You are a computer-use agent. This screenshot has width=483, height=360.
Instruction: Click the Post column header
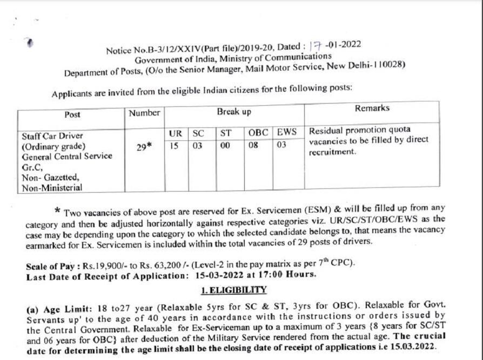click(x=72, y=115)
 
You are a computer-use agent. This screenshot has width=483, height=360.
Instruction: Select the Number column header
click(x=144, y=113)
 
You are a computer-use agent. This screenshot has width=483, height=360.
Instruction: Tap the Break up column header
click(x=234, y=111)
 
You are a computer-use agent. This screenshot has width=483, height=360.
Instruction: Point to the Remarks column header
click(x=372, y=108)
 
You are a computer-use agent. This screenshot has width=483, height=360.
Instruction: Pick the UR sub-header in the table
click(x=174, y=132)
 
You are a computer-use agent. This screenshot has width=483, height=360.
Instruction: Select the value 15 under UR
click(x=174, y=145)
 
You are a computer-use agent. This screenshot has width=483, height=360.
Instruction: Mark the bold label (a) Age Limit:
click(x=60, y=310)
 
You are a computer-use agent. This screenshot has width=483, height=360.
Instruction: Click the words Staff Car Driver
click(x=52, y=137)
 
